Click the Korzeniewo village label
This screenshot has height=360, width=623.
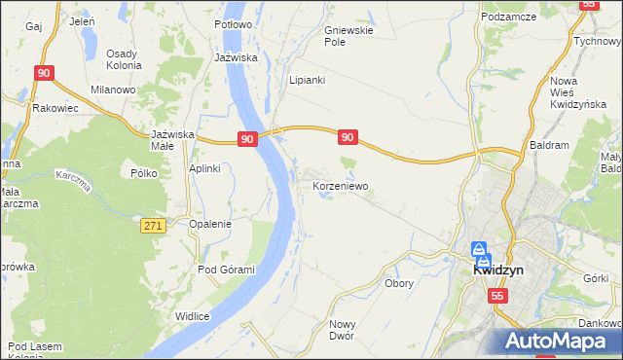pyautogui.click(x=338, y=185)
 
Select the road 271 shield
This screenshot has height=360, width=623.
pyautogui.click(x=152, y=226)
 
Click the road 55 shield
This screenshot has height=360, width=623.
pyautogui.click(x=497, y=296)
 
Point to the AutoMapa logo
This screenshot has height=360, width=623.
pyautogui.click(x=559, y=342)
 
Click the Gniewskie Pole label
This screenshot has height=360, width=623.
pyautogui.click(x=348, y=36)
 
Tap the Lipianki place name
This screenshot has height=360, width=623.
pyautogui.click(x=307, y=80)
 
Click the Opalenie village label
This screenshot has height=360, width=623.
pyautogui.click(x=210, y=223)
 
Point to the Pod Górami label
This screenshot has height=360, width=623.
pyautogui.click(x=226, y=270)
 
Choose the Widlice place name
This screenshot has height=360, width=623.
pyautogui.click(x=193, y=315)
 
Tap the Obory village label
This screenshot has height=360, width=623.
pyautogui.click(x=399, y=284)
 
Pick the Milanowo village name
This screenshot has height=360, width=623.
pyautogui.click(x=113, y=90)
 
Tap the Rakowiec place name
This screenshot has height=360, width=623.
pyautogui.click(x=55, y=108)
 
